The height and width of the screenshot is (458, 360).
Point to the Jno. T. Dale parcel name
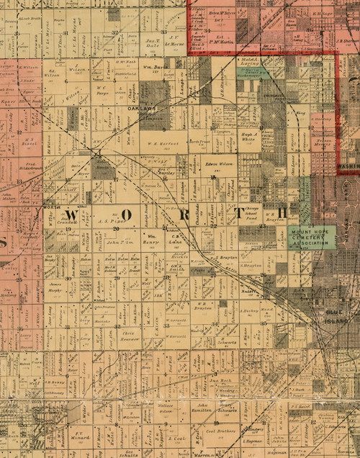point(152,42)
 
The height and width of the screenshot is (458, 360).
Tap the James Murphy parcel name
point(55,286)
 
